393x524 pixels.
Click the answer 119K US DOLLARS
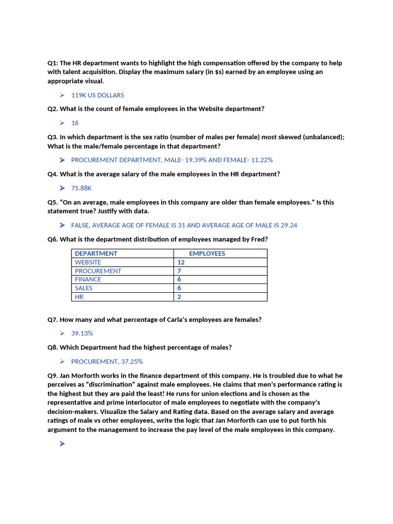tap(97, 95)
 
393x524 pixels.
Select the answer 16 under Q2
tap(75, 123)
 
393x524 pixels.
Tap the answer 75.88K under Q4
tap(81, 188)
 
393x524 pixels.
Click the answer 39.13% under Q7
tap(82, 333)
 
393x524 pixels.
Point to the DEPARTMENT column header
tap(96, 253)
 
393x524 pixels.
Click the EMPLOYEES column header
tap(207, 253)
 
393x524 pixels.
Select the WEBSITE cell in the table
tap(88, 262)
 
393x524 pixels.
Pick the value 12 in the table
tap(181, 262)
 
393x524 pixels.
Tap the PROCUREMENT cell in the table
tap(98, 271)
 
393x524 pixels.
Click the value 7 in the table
tap(179, 271)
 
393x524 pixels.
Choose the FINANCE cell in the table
tap(88, 279)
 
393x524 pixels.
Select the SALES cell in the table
tap(83, 288)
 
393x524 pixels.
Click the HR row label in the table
tap(79, 297)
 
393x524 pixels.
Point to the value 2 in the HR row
tap(179, 297)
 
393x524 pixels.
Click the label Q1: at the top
tap(53, 63)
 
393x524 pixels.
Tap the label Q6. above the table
tap(53, 239)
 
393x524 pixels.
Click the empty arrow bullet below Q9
tap(62, 444)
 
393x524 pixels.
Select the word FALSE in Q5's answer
tap(81, 225)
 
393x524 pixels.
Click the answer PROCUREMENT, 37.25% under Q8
tap(106, 361)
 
